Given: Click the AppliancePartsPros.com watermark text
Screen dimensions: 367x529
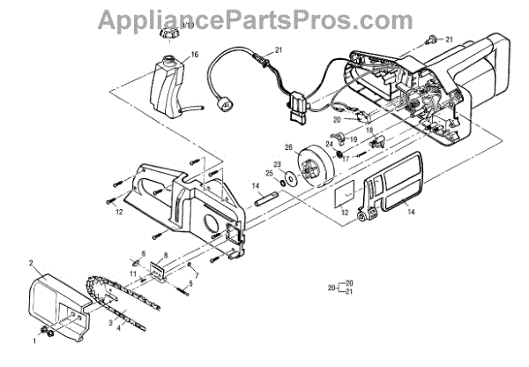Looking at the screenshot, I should click(264, 17).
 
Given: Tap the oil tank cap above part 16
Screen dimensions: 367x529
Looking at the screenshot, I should click(167, 34).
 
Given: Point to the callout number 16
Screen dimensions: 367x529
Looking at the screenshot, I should click(194, 55).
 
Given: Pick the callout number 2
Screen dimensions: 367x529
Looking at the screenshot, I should click(31, 264).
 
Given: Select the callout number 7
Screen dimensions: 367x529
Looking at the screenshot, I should click(197, 276).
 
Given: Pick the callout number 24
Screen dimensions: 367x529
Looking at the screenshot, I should click(328, 144).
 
